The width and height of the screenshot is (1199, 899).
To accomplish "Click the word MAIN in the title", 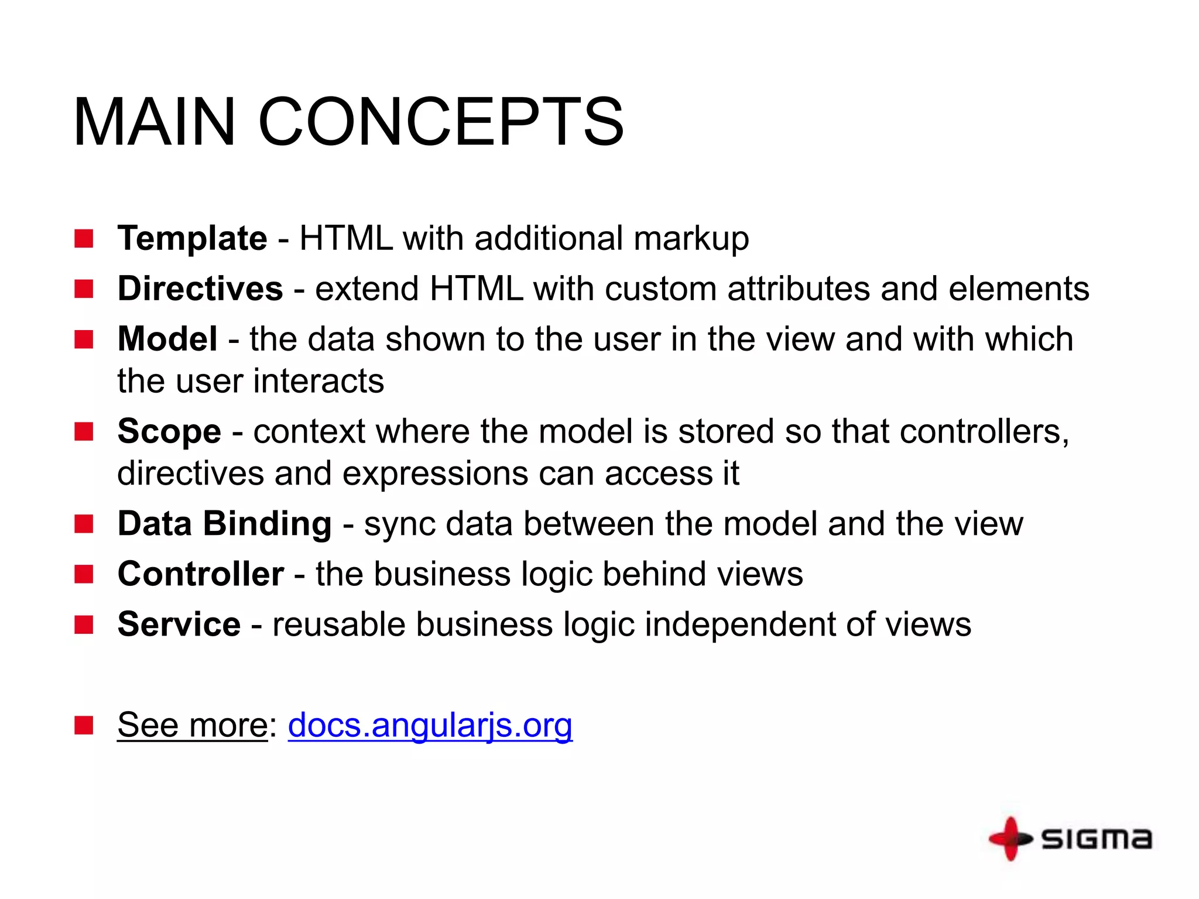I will click(x=154, y=122).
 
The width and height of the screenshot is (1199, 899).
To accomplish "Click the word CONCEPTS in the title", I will click(x=440, y=122).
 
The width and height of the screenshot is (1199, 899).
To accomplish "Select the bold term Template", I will click(x=192, y=238).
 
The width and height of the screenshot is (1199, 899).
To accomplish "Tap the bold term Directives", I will click(x=200, y=289).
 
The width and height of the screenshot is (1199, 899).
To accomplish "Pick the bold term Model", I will click(x=167, y=339).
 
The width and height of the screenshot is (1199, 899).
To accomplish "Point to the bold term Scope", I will click(x=169, y=431).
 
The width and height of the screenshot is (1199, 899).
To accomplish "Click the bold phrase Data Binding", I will click(x=224, y=523).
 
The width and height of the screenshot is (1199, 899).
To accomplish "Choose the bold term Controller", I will click(x=201, y=574).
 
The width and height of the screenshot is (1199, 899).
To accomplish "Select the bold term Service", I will click(x=179, y=624).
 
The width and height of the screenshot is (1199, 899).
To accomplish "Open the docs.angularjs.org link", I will click(x=430, y=725).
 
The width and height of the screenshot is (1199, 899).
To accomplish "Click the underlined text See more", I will click(x=193, y=725).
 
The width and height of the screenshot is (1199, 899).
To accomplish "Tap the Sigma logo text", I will click(x=1096, y=839).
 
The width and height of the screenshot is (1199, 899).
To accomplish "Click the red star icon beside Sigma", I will click(x=1009, y=839).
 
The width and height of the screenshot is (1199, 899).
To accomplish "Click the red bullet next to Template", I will click(x=84, y=239).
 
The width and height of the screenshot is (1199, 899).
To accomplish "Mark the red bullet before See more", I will click(x=84, y=725).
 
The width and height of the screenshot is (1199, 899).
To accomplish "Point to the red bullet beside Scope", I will click(x=84, y=431).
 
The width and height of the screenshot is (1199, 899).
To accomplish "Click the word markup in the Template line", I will click(x=691, y=239).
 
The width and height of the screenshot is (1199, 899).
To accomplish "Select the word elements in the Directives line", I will click(x=1019, y=289).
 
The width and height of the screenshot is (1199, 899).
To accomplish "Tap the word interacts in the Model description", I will click(x=318, y=381).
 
